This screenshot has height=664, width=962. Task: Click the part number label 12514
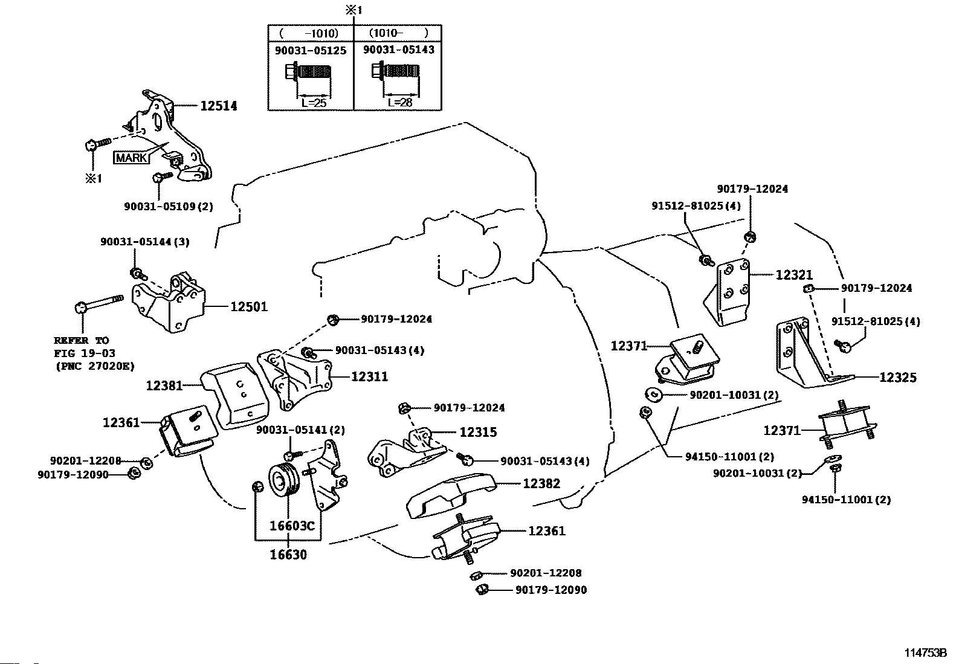(219, 106)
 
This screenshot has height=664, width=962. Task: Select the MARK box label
(131, 158)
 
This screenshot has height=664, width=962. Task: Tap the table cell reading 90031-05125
(311, 51)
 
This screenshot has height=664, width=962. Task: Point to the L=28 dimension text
(400, 102)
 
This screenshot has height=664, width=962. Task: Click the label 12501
(249, 307)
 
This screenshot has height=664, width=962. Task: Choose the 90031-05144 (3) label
(145, 242)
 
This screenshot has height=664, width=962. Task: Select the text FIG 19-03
(85, 353)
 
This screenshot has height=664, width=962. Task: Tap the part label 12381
(164, 385)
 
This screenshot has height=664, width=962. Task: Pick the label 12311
(369, 376)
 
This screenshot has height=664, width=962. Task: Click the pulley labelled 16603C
(283, 480)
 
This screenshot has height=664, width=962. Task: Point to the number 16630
(288, 555)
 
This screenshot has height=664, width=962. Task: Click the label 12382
(541, 483)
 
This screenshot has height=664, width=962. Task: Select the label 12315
(478, 432)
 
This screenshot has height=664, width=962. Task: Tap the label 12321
(794, 275)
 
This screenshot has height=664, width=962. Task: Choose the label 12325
(897, 378)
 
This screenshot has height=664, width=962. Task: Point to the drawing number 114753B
(926, 653)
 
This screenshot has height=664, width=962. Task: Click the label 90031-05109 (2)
(169, 207)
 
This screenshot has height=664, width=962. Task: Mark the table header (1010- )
(399, 33)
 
